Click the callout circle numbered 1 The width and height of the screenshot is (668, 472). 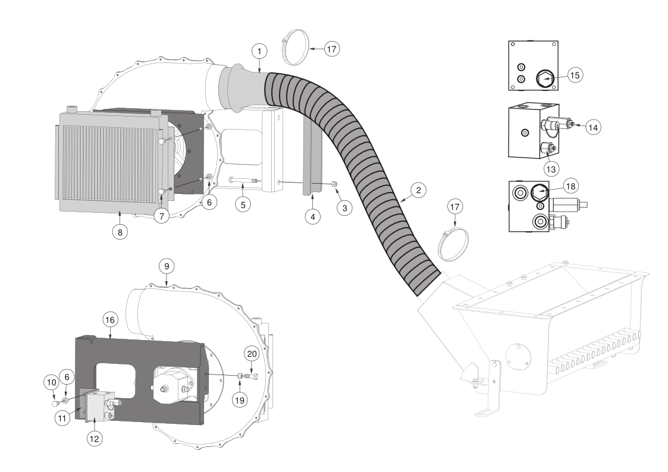point(259,52)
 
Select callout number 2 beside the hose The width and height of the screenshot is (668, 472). point(418,190)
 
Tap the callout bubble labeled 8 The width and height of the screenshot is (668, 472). point(120,232)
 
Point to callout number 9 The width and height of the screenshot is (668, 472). point(167,266)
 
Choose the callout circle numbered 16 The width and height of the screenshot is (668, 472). point(110,320)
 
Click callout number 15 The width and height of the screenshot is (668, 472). point(574,75)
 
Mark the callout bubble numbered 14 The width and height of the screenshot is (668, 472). point(593,127)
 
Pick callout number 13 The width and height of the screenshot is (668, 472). point(551,169)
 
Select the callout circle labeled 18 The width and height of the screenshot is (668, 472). point(571,186)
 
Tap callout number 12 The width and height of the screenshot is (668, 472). point(95,438)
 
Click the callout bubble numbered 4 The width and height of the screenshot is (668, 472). point(313,216)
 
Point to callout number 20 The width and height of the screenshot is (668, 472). point(252,354)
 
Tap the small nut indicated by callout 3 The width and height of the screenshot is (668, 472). point(334,184)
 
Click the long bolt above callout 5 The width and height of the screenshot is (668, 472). point(243,180)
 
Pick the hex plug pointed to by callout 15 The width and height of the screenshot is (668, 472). point(544,78)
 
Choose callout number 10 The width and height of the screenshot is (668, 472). point(51,382)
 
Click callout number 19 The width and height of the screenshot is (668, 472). point(240,399)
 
